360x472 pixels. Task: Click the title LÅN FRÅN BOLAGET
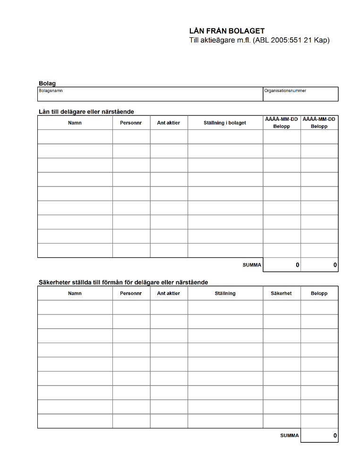pyautogui.click(x=227, y=31)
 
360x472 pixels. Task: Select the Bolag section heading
pyautogui.click(x=47, y=84)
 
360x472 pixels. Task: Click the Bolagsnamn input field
pyautogui.click(x=150, y=96)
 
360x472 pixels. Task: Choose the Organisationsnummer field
pyautogui.click(x=300, y=96)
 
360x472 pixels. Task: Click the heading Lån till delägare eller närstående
pyautogui.click(x=86, y=112)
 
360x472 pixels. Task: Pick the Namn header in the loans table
pyautogui.click(x=75, y=123)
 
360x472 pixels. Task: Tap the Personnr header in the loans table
pyautogui.click(x=131, y=123)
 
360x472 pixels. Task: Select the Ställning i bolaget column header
pyautogui.click(x=225, y=123)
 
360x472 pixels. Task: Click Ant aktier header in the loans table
pyautogui.click(x=169, y=123)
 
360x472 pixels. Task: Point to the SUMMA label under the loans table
pyautogui.click(x=252, y=265)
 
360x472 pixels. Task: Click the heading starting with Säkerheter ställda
pyautogui.click(x=123, y=282)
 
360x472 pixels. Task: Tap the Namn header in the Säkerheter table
pyautogui.click(x=75, y=293)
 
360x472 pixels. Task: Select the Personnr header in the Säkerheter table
pyautogui.click(x=131, y=293)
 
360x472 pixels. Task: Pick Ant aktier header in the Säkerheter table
pyautogui.click(x=169, y=293)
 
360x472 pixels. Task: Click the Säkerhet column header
pyautogui.click(x=281, y=293)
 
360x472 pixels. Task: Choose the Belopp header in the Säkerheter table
pyautogui.click(x=319, y=293)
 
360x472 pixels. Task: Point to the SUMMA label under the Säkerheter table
pyautogui.click(x=290, y=435)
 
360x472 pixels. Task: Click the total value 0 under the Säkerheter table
pyautogui.click(x=335, y=436)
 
